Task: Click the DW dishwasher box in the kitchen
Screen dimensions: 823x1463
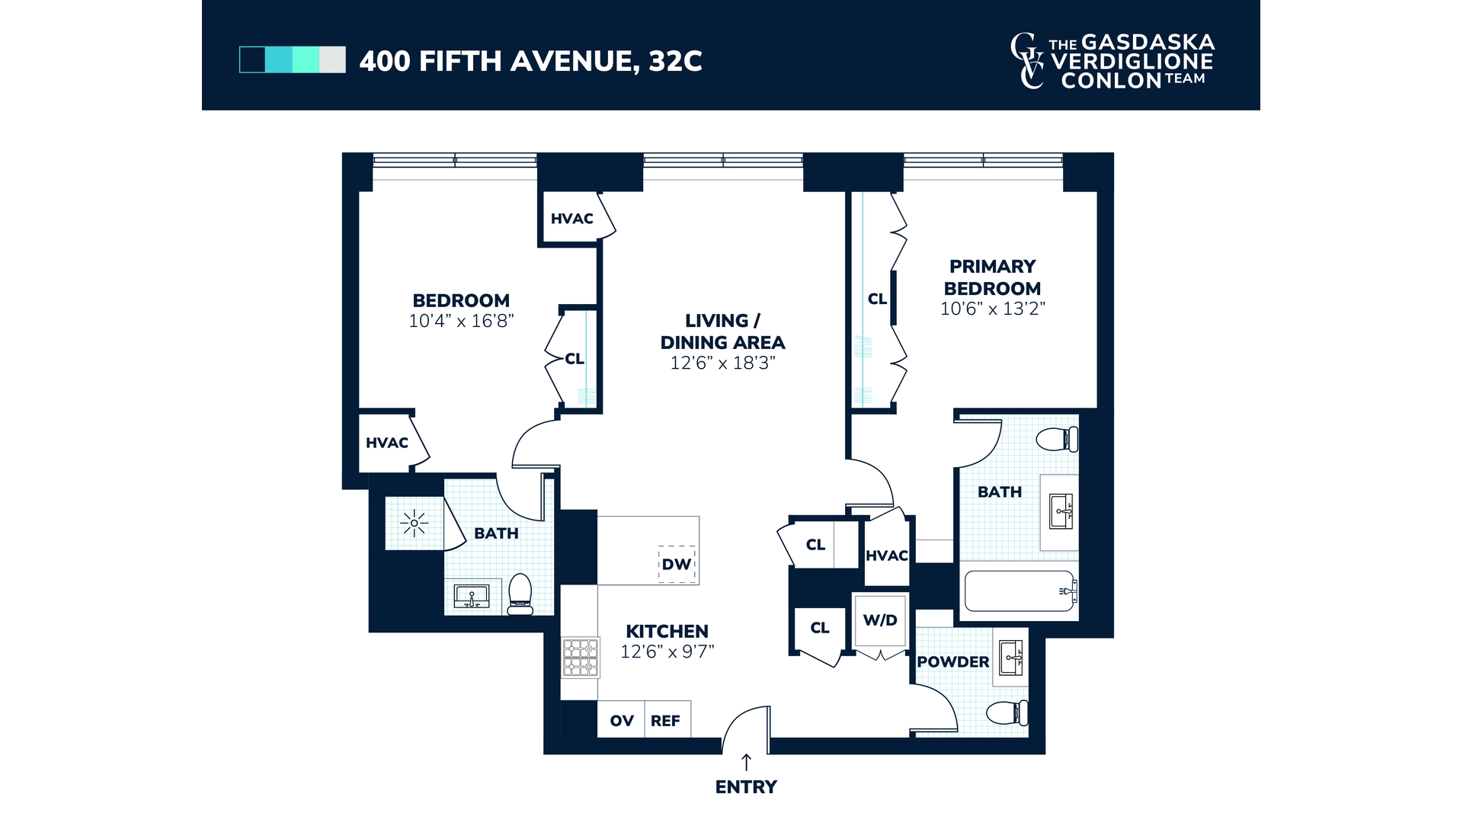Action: pyautogui.click(x=677, y=564)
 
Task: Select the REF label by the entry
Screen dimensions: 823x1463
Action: pyautogui.click(x=665, y=721)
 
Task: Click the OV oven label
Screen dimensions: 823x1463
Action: pyautogui.click(x=622, y=721)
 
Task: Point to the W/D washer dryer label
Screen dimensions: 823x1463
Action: pyautogui.click(x=880, y=620)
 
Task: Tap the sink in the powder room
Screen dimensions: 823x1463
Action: pyautogui.click(x=1011, y=657)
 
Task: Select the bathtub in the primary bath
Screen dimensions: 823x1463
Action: pyautogui.click(x=1020, y=591)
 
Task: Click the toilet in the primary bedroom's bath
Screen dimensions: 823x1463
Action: pyautogui.click(x=1058, y=439)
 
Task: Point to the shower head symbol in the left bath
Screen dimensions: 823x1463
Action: pyautogui.click(x=414, y=524)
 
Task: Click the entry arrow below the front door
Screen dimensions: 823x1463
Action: pyautogui.click(x=746, y=762)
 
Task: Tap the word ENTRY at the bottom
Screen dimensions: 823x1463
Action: pyautogui.click(x=746, y=787)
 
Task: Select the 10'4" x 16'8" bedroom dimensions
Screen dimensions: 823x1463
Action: pyautogui.click(x=461, y=321)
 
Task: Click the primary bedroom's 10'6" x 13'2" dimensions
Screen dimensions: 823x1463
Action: pyautogui.click(x=992, y=309)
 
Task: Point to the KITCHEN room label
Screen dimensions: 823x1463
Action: pyautogui.click(x=667, y=631)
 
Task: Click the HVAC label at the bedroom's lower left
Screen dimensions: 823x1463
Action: pyautogui.click(x=387, y=443)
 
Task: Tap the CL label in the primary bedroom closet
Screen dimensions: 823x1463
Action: pyautogui.click(x=877, y=299)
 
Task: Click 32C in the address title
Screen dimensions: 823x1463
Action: pyautogui.click(x=675, y=61)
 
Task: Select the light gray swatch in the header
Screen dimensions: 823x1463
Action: pyautogui.click(x=332, y=59)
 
